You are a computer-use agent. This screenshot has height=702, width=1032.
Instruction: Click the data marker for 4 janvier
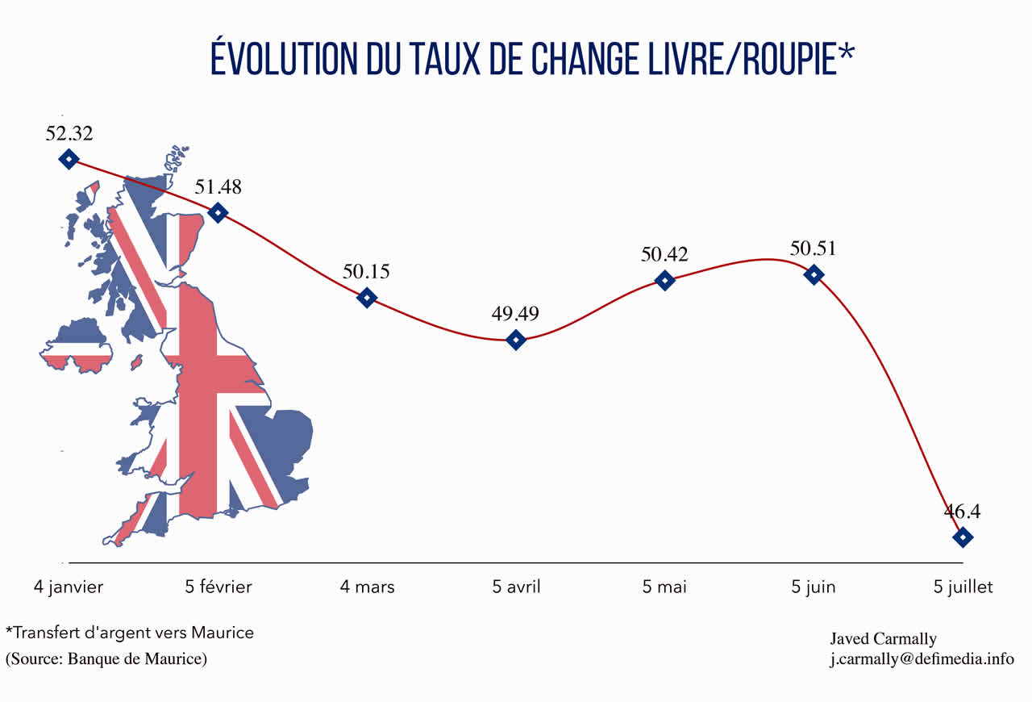point(69,159)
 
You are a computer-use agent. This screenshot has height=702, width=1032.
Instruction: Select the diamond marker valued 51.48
point(218,212)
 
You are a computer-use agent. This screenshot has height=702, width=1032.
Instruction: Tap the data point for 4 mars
point(367,298)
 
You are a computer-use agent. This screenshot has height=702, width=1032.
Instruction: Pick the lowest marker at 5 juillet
point(963,537)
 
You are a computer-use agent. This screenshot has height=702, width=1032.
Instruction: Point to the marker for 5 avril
point(516,340)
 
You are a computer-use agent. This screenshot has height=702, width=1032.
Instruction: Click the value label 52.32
point(69,133)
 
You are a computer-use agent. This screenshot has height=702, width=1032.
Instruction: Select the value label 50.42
point(664,254)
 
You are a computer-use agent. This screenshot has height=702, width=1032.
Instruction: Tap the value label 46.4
point(963,511)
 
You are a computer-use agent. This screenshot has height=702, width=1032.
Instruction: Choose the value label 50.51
point(813,249)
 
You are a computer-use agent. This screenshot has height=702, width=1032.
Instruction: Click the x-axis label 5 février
point(218,587)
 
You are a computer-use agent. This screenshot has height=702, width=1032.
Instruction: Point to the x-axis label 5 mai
point(664,587)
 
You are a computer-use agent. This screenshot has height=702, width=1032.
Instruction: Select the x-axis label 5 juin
point(814,587)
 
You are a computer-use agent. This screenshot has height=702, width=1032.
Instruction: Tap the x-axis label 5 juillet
point(963,587)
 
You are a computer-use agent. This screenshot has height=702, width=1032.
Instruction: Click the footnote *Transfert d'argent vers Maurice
point(130,633)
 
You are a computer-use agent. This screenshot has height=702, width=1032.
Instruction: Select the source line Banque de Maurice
point(106,658)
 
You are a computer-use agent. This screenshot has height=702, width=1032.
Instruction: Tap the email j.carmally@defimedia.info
point(922,658)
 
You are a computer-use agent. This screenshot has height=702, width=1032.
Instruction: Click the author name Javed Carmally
point(883,639)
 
